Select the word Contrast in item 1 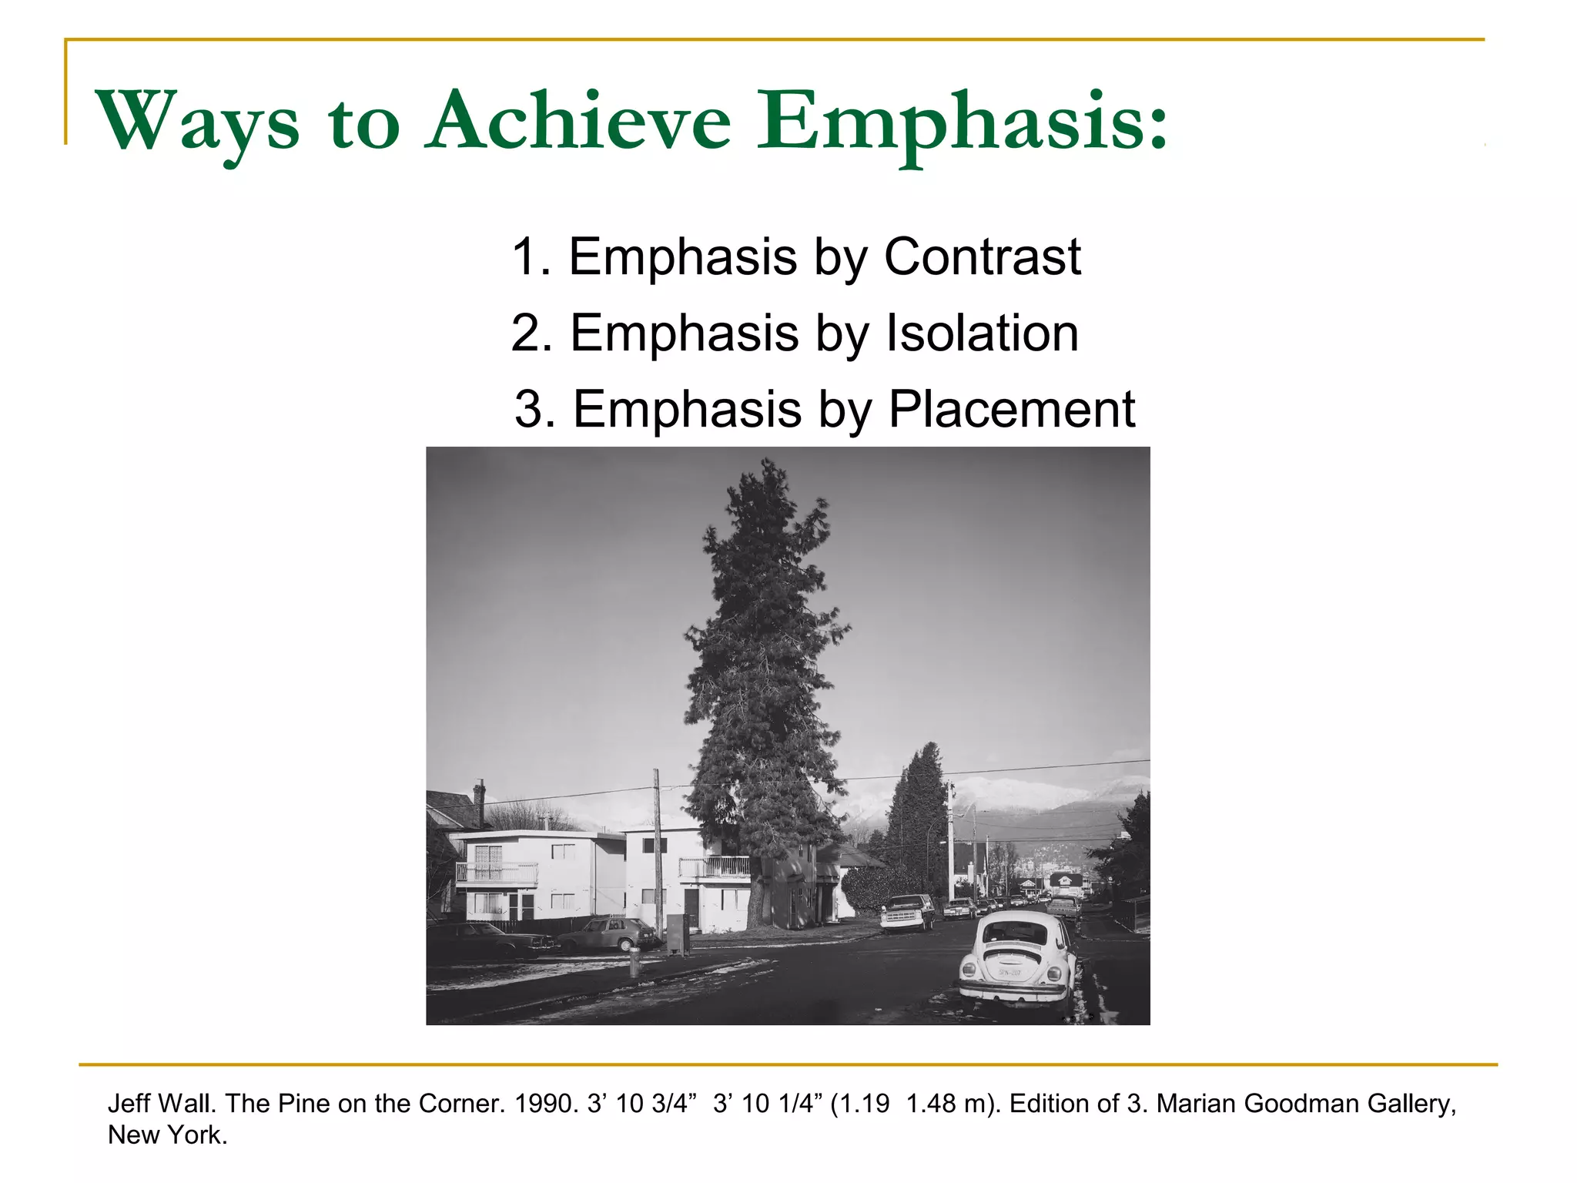[982, 256]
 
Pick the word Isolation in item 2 [982, 333]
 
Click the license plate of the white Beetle [1009, 973]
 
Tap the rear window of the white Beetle [1016, 934]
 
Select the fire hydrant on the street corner [634, 962]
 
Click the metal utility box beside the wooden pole [678, 934]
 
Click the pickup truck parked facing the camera [907, 912]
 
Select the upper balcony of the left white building [497, 873]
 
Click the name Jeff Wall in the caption [162, 1104]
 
